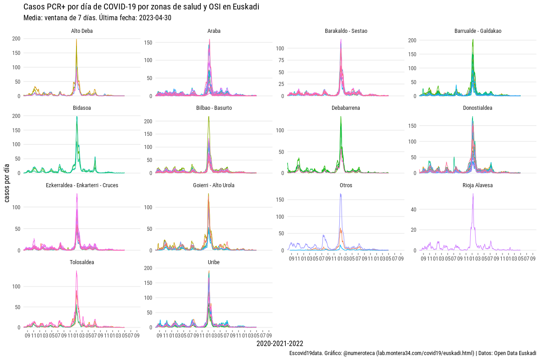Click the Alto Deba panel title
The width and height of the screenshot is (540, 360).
coord(82,31)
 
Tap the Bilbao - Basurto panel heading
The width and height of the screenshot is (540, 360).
coord(214,108)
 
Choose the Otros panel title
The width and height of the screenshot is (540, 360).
coord(346,185)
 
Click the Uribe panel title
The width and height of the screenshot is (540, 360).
coord(214,262)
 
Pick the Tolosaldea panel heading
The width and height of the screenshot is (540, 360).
coord(82,262)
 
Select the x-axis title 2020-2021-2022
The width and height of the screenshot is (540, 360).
coord(279,344)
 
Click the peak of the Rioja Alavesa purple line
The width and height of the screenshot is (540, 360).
coord(473,194)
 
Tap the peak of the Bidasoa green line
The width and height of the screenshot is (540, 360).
coord(76,117)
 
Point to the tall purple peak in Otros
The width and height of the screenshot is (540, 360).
coord(341,194)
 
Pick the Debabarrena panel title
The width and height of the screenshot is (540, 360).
coord(346,108)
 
